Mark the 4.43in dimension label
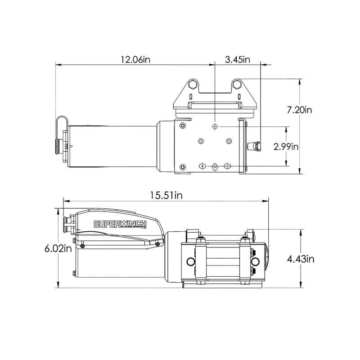coord(315,259)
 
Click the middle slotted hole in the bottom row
coord(215,167)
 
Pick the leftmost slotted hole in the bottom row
coord(203,167)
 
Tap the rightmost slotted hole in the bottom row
coord(228,167)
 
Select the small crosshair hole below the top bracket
coord(216,127)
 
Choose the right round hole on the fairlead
coord(255,261)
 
